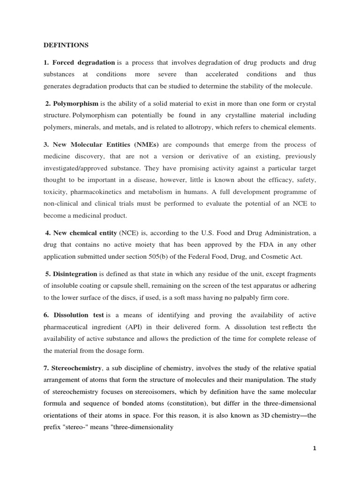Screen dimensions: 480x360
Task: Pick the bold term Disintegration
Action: pos(75,274)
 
